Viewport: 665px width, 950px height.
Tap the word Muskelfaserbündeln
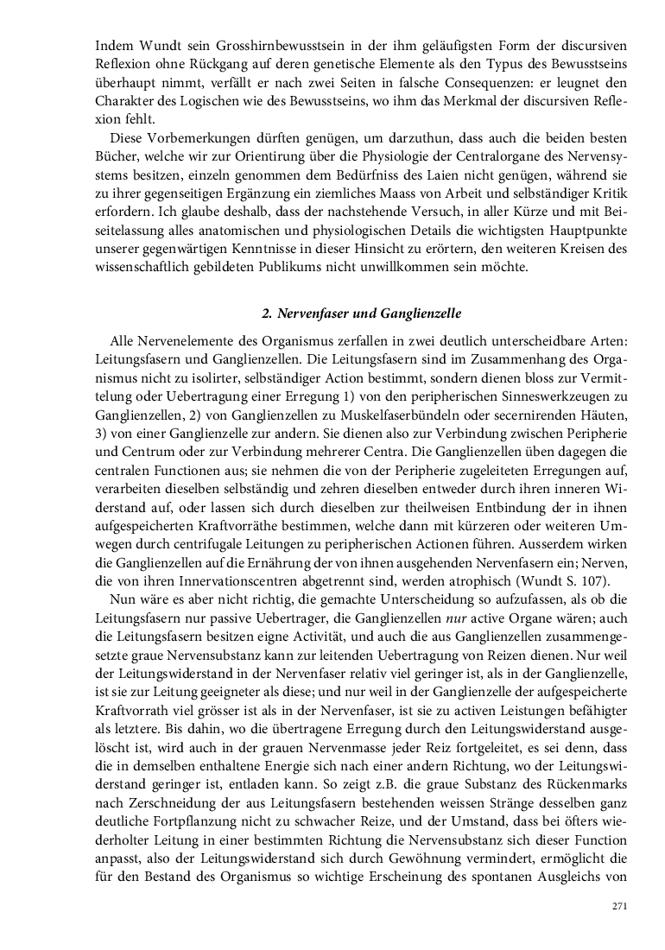click(370, 417)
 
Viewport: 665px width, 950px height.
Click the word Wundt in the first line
click(159, 44)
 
